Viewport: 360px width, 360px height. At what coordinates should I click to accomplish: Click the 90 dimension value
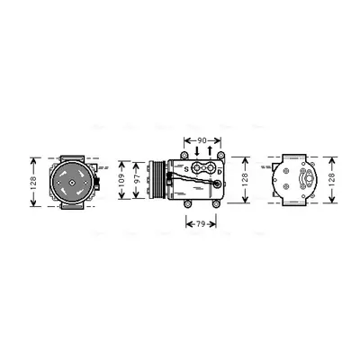pos(202,140)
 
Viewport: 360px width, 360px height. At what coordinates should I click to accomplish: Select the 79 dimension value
pos(201,224)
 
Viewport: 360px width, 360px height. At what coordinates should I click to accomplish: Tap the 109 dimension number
pos(121,180)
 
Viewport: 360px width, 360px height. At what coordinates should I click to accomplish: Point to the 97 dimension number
pos(137,180)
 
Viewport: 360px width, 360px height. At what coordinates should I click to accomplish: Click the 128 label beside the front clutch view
pos(33,183)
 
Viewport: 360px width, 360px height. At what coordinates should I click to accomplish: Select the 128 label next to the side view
pos(245,180)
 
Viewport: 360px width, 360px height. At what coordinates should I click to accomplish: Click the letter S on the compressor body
pos(186,169)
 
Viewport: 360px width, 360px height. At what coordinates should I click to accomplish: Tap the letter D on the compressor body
pos(220,172)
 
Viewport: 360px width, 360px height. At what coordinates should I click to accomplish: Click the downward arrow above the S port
pos(197,151)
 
